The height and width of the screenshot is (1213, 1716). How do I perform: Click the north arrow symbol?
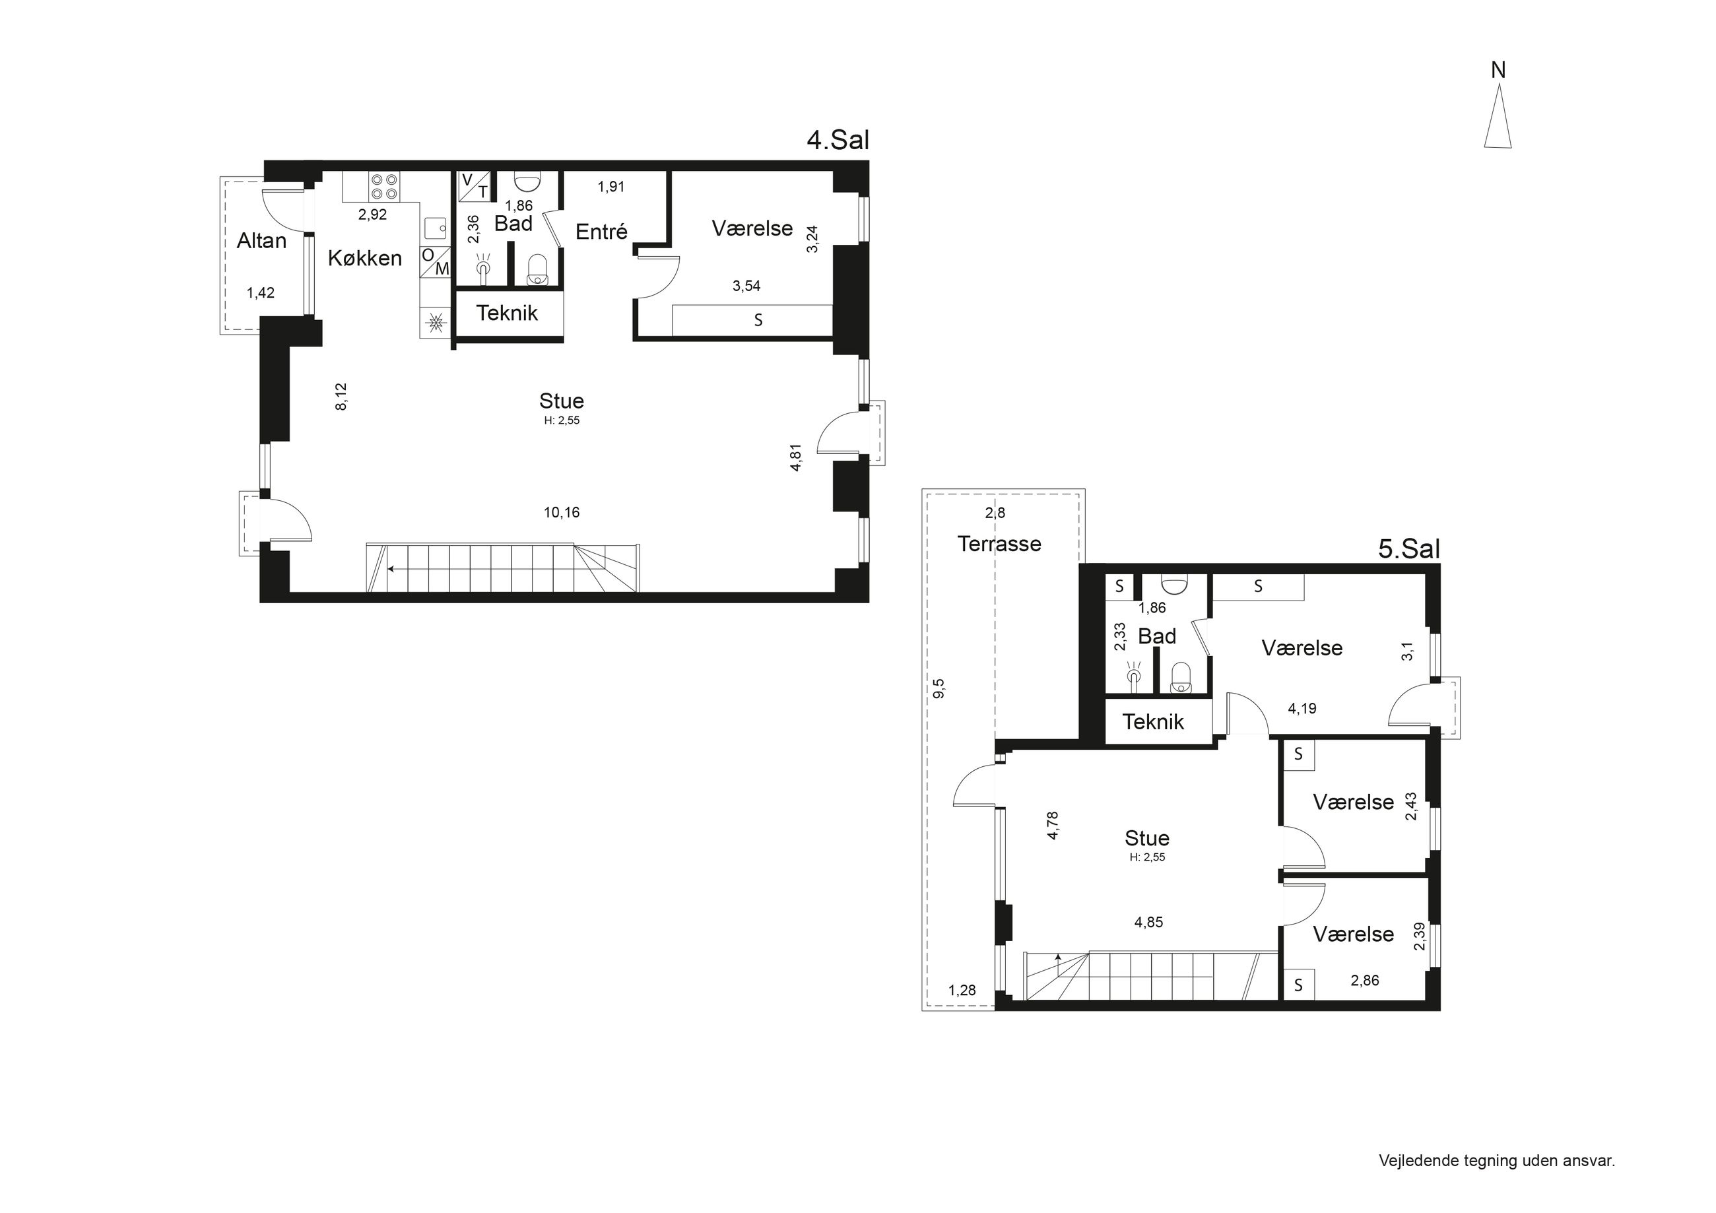tap(1498, 116)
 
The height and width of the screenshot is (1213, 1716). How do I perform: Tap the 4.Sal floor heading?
tap(838, 140)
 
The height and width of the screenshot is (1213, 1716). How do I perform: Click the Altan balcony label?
tap(261, 241)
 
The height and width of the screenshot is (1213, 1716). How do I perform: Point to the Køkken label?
tap(365, 259)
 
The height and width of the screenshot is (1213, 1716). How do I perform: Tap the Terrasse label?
tap(999, 543)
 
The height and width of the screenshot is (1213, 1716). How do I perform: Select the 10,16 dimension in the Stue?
tap(561, 513)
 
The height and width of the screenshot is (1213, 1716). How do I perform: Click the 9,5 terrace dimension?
tap(939, 688)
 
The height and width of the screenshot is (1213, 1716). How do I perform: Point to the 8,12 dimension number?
tap(341, 397)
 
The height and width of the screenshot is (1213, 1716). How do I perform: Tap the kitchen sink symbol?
tap(435, 228)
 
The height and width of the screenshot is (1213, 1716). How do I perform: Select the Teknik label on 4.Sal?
tap(507, 313)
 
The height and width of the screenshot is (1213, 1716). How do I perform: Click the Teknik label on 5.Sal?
tap(1152, 722)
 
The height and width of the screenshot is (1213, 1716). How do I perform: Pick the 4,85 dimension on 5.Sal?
tap(1149, 922)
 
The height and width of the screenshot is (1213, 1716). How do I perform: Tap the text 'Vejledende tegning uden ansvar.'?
tap(1497, 1161)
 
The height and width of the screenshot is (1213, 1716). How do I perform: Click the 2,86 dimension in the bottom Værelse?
tap(1365, 981)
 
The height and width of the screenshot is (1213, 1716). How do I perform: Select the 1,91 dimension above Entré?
tap(610, 187)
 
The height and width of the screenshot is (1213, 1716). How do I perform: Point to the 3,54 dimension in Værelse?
tap(746, 286)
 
